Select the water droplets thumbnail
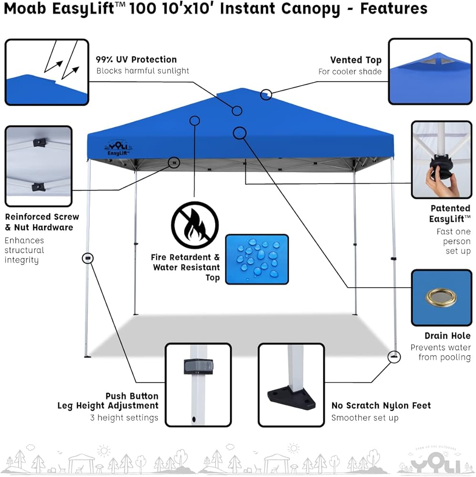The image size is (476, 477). point(257,259)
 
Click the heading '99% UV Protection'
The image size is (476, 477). point(136,60)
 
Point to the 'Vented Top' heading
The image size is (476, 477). point(356,60)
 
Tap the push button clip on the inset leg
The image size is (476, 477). point(198,366)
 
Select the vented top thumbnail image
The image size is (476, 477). point(429,72)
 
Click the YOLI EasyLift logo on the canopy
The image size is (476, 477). point(114,148)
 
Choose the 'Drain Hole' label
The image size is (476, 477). point(447,336)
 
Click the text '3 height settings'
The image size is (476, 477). point(124,418)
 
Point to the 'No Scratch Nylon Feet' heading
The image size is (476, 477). point(381,406)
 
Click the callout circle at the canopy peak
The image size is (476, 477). point(266,94)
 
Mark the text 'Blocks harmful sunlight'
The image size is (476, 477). point(143,71)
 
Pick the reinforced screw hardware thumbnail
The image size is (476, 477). point(38,166)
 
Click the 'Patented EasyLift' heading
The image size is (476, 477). point(450,213)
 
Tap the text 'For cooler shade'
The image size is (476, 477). point(350,72)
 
